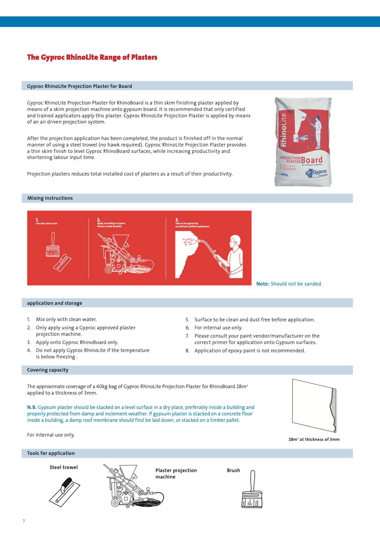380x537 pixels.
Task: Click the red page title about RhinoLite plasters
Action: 92,57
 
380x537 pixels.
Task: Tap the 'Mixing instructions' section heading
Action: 50,198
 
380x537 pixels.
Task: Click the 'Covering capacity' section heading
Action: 48,370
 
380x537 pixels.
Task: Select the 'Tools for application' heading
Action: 51,453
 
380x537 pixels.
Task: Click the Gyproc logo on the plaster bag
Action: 316,173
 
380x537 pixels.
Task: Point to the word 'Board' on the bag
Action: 312,160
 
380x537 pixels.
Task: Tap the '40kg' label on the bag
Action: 284,175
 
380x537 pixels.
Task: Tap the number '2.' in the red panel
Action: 99,220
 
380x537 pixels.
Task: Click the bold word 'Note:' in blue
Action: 263,284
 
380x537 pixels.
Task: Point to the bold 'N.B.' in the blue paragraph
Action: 32,407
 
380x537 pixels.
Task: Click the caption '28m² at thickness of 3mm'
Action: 314,439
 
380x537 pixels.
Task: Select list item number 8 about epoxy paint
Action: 249,351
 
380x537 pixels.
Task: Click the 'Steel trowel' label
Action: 64,467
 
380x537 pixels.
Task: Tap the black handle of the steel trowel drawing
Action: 66,484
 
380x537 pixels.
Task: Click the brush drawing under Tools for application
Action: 252,491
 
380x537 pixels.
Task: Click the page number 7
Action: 24,521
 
